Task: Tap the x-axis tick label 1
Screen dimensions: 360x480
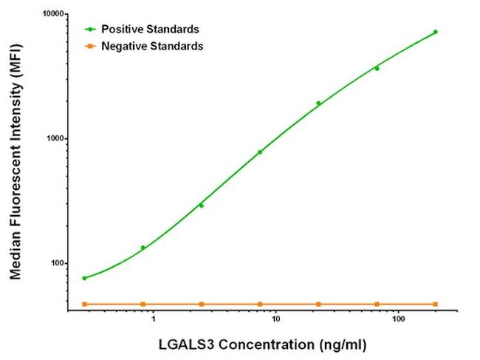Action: [153, 322]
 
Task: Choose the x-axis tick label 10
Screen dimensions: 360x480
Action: [275, 322]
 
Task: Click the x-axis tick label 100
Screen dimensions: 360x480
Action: [398, 322]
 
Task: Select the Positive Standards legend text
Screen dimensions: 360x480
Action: [150, 30]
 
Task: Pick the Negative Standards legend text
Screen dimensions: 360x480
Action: [152, 46]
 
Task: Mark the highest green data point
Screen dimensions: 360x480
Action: [435, 32]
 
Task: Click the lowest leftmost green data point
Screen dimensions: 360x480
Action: [84, 278]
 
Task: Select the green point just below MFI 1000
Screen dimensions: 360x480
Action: [260, 152]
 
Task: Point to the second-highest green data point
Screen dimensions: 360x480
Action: [377, 69]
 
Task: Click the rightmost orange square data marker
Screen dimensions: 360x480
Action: [435, 304]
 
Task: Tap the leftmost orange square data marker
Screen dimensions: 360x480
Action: [84, 304]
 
